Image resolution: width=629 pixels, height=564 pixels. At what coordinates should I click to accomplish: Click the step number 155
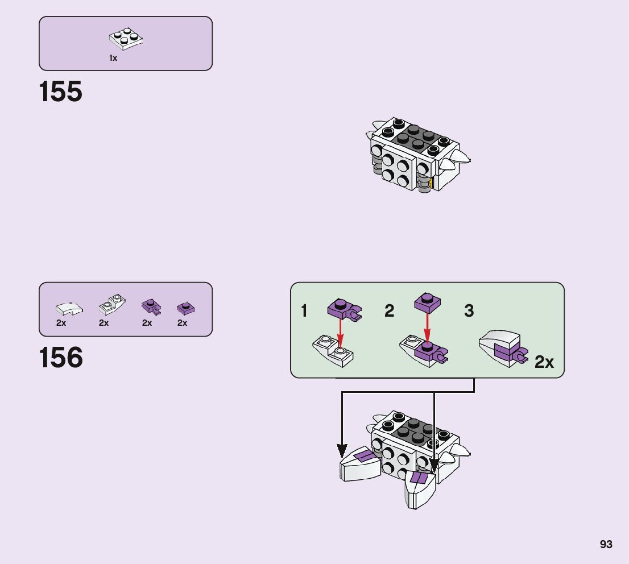tap(61, 92)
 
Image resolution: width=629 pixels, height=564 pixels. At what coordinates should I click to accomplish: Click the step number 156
tap(61, 358)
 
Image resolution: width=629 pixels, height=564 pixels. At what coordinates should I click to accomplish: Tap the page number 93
tap(606, 544)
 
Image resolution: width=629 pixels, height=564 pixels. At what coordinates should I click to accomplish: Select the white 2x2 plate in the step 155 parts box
tap(126, 38)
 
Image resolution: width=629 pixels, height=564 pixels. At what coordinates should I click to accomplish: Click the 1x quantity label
tap(113, 58)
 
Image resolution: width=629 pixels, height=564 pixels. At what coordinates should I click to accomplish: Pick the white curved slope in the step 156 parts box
tap(69, 308)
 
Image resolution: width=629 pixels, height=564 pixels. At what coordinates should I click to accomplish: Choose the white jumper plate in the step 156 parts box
tap(112, 305)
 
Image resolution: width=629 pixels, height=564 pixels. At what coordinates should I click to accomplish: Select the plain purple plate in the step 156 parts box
tap(185, 308)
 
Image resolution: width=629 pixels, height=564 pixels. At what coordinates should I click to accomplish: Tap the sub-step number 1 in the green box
tap(304, 311)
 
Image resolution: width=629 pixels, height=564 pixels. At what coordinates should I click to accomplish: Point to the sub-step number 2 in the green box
tap(389, 311)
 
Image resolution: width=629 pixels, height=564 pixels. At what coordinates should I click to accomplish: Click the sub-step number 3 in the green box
tap(469, 311)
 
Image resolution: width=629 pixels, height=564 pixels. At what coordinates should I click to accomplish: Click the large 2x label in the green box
tap(544, 362)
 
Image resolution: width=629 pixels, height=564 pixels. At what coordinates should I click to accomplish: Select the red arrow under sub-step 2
tap(427, 327)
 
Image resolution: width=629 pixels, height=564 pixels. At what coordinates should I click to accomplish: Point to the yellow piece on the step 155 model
tap(432, 183)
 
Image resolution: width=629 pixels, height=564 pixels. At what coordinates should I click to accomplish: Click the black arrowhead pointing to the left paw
tap(342, 451)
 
